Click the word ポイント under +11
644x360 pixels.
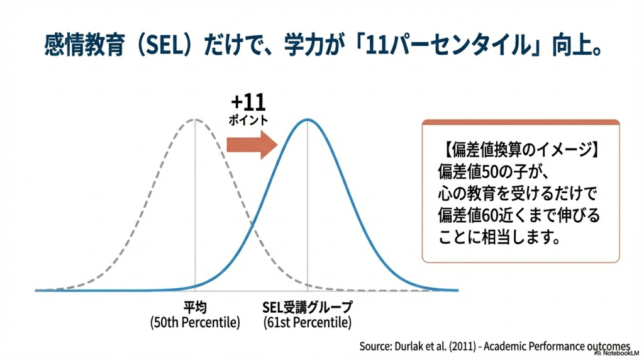pos(248,120)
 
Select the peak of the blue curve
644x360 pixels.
pos(307,120)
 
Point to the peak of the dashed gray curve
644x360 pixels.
pos(195,120)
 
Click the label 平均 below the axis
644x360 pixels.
pos(195,308)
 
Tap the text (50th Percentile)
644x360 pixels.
pos(195,323)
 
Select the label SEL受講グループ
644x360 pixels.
pos(307,308)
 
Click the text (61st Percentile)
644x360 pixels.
pos(307,323)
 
